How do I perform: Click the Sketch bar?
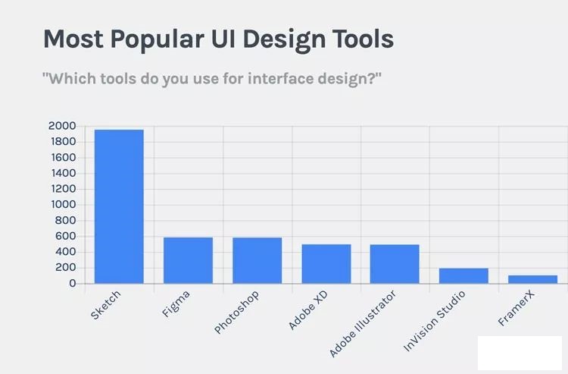coord(119,206)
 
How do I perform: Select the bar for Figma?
coord(188,260)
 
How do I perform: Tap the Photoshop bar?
coord(257,260)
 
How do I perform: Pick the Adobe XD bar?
coord(326,264)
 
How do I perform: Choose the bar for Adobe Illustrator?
coord(395,264)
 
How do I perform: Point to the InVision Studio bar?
coord(463,275)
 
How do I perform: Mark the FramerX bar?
coord(533,279)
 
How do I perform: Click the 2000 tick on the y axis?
coord(62,126)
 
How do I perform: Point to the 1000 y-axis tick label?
coord(63,205)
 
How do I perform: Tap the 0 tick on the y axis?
coord(73,283)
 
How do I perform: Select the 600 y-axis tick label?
coord(65,236)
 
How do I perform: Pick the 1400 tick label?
coord(64,173)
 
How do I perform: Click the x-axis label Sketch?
coord(105,305)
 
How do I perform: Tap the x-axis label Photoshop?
coord(236,312)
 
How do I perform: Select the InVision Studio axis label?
coord(435,321)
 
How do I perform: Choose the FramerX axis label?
coord(517,308)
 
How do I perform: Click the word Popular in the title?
coord(157,39)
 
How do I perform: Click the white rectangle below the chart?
coord(520,353)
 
